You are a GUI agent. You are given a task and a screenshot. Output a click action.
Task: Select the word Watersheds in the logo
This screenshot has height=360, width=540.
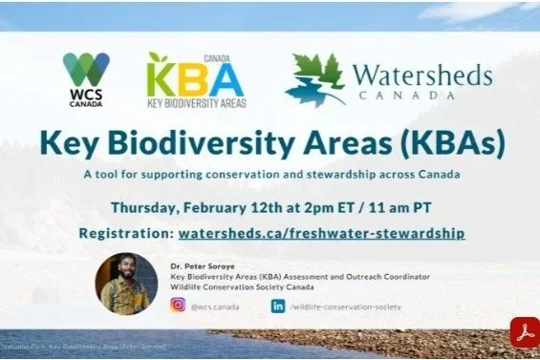pos(422,74)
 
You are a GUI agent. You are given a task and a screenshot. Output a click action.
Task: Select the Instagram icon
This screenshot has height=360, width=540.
pos(177,306)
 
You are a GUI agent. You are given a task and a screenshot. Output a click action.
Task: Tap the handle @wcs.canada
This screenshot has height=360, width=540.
pos(215,307)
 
